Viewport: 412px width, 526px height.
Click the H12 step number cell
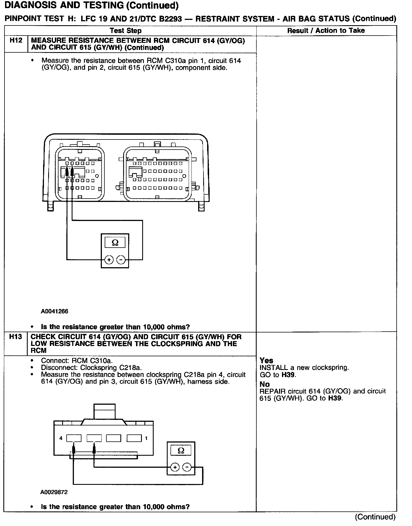coord(16,41)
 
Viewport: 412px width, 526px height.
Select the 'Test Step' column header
coord(125,31)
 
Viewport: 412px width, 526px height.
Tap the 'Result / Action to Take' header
coord(326,31)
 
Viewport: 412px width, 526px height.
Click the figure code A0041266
coord(54,311)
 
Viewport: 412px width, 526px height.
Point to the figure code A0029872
coord(54,492)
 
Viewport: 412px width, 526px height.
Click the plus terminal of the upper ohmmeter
coord(109,260)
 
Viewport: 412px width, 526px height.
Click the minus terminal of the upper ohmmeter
coord(121,260)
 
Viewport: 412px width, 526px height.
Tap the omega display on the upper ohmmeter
coord(115,242)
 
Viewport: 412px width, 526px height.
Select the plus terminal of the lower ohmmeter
coord(175,467)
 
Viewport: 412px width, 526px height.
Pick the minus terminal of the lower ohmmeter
coord(187,467)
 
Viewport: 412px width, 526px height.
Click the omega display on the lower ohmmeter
coord(181,450)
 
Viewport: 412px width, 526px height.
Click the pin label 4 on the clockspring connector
coord(61,438)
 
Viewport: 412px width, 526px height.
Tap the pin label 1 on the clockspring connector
coord(146,438)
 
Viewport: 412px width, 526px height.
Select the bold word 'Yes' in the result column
coord(266,360)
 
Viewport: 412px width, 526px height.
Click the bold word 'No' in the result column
coord(264,384)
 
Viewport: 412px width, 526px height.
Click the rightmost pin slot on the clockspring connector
coord(134,438)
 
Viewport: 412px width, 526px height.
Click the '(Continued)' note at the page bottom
coord(375,517)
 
